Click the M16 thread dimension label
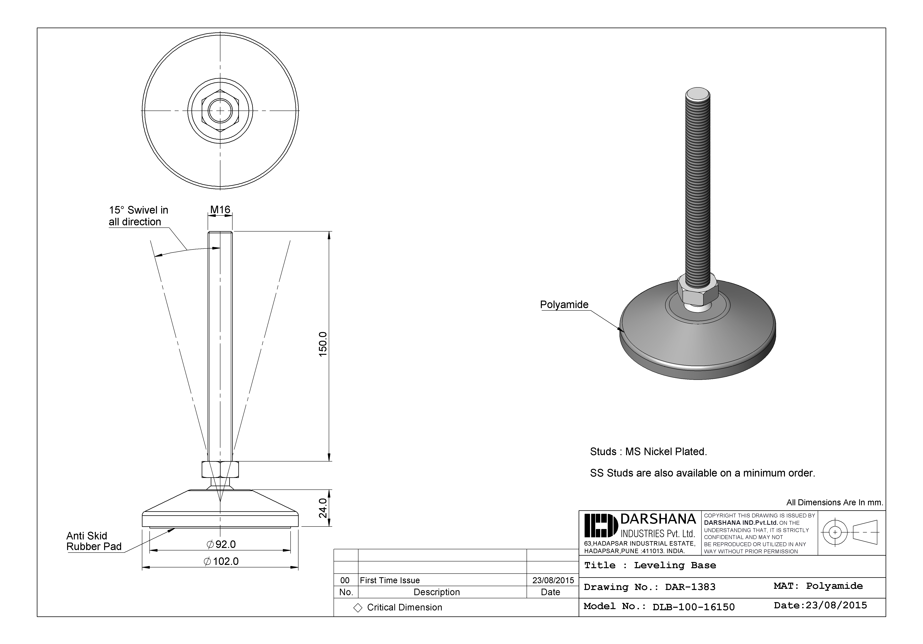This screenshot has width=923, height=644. [x=220, y=210]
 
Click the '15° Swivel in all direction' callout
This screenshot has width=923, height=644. [x=138, y=216]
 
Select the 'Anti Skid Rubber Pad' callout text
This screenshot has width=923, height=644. [x=94, y=541]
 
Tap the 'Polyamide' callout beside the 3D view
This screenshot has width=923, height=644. [x=564, y=304]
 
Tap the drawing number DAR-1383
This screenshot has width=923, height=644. [x=690, y=587]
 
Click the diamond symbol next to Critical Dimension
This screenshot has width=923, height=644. [x=357, y=607]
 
